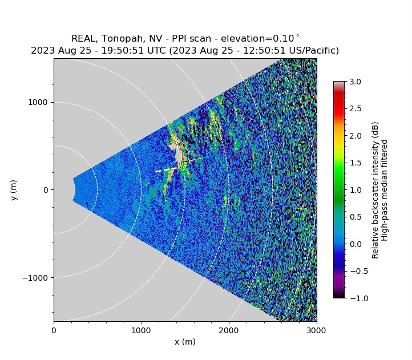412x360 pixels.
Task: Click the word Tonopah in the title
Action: [x=125, y=39]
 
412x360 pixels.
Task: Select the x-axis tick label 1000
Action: [x=142, y=329]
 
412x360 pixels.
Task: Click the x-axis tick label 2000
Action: [x=229, y=329]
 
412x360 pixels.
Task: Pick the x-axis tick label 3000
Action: [x=317, y=329]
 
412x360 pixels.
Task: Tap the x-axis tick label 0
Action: [x=54, y=329]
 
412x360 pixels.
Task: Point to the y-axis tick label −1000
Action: [x=35, y=277]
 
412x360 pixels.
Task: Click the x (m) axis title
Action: [x=185, y=341]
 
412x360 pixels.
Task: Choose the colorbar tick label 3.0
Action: [x=355, y=82]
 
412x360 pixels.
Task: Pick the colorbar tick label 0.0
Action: [x=355, y=244]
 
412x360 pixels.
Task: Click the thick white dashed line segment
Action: [x=166, y=169]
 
